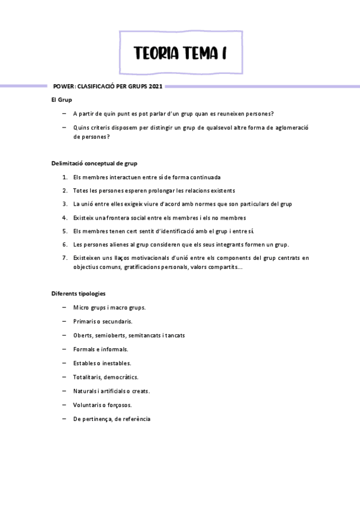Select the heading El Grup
click(62, 99)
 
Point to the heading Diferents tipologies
click(78, 293)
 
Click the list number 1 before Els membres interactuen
click(64, 177)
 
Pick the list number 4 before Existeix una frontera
click(64, 218)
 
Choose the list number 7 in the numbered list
click(64, 258)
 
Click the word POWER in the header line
click(64, 86)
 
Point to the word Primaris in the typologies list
click(85, 321)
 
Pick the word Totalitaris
click(87, 377)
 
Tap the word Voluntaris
click(88, 405)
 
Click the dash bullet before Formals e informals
click(64, 349)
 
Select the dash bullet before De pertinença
click(64, 419)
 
